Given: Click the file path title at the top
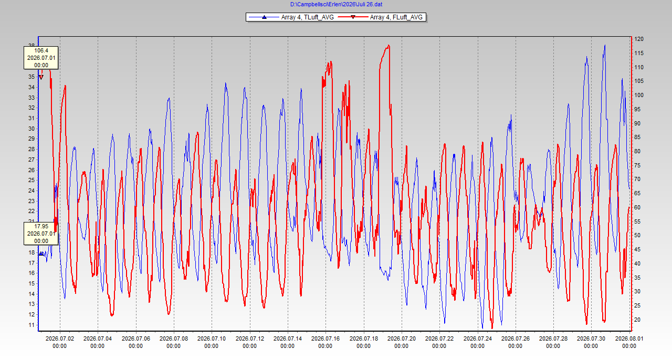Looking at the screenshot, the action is (x=336, y=5).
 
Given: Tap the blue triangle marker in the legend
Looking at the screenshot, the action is (x=264, y=17).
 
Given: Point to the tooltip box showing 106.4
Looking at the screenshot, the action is (x=41, y=58).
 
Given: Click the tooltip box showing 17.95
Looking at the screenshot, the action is (x=41, y=234).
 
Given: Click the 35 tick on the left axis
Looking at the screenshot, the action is (x=31, y=77).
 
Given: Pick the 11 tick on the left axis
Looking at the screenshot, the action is (x=31, y=325).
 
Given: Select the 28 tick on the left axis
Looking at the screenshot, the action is (x=31, y=149).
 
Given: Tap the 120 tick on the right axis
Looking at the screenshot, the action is (x=639, y=39).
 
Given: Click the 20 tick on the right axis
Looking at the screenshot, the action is (x=637, y=320).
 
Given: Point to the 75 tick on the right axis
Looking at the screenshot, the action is (x=637, y=165).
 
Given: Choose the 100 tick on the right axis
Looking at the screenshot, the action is (x=639, y=95).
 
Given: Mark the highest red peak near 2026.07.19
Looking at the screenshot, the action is (x=389, y=45).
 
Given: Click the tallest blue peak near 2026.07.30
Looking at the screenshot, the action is (x=605, y=45).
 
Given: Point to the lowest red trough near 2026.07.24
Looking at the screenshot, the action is (x=492, y=328).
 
